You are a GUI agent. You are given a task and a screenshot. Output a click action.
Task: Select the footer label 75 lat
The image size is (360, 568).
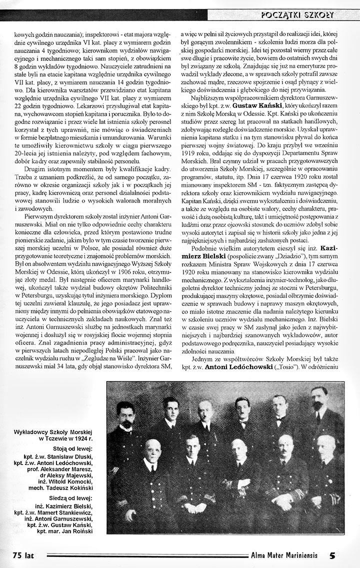click(23, 554)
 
